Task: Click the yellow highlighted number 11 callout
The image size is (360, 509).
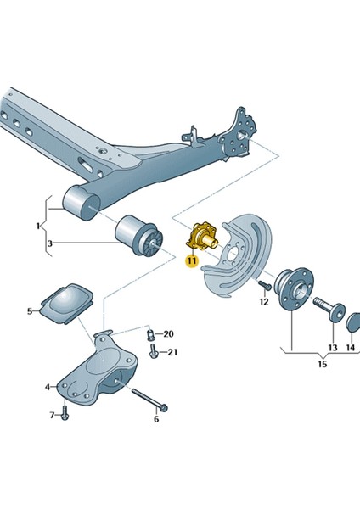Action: tap(191, 261)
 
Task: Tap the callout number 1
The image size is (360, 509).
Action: tap(37, 227)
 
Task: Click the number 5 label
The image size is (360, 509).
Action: tap(29, 311)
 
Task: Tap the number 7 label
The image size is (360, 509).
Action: tap(52, 415)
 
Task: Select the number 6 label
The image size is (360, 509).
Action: tap(155, 419)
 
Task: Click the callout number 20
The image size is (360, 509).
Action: tap(168, 333)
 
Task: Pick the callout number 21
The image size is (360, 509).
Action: tap(172, 352)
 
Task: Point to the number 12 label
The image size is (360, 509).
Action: tap(263, 301)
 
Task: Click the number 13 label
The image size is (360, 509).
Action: tap(332, 348)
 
